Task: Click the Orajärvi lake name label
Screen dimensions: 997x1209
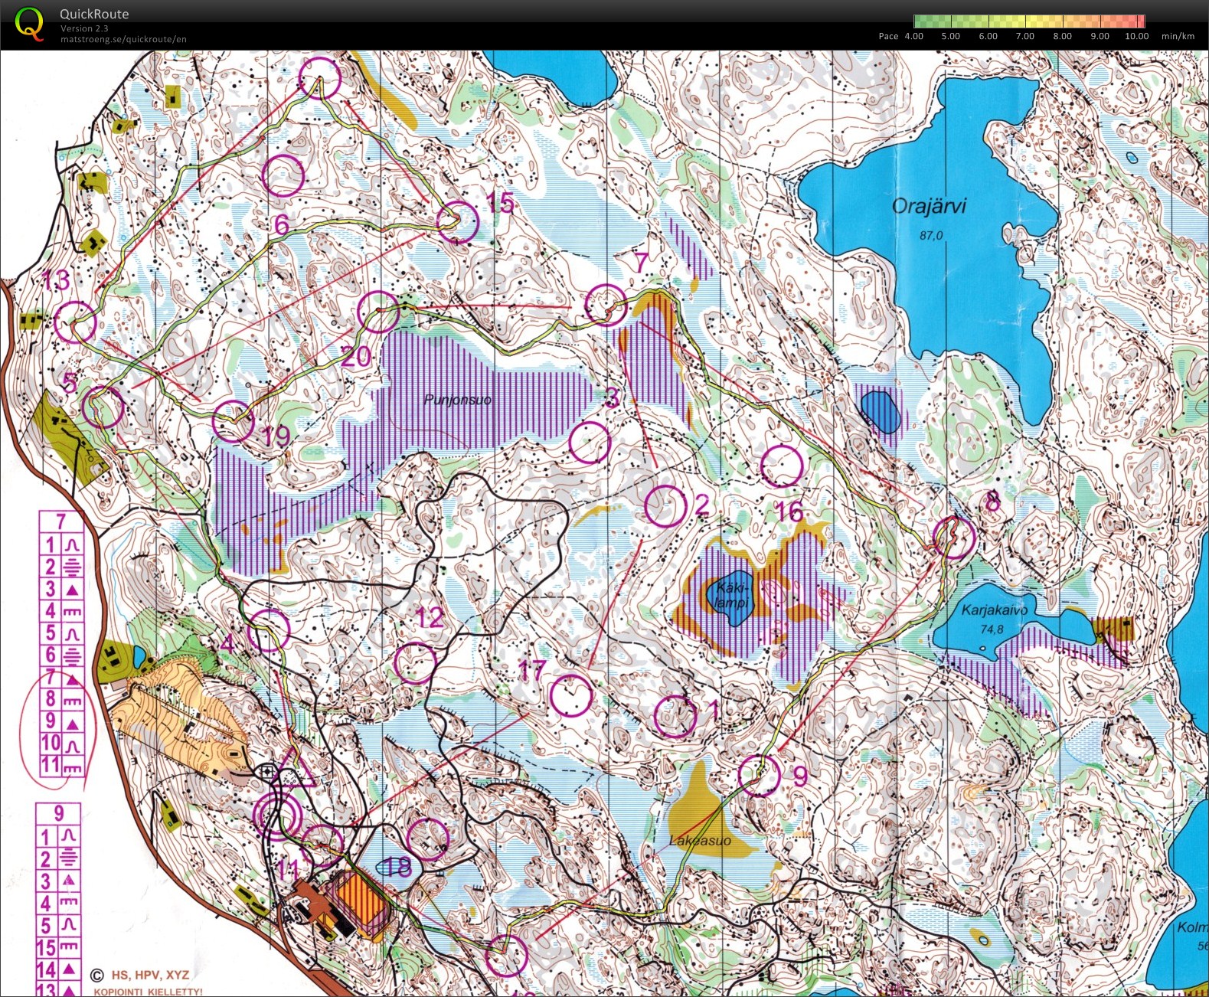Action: click(929, 206)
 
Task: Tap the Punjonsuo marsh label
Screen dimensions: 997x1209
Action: click(457, 400)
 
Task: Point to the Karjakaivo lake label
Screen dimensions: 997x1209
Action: click(994, 610)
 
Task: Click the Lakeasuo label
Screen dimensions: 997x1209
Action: click(699, 840)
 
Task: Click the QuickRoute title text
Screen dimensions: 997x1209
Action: click(94, 14)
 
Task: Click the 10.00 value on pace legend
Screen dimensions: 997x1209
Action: click(1136, 36)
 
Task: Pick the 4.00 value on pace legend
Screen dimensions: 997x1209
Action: click(913, 36)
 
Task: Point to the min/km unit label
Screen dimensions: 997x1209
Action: click(1178, 36)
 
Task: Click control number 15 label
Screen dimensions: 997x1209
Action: click(500, 203)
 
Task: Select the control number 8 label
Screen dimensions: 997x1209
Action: click(992, 502)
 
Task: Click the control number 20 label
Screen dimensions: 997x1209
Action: click(355, 356)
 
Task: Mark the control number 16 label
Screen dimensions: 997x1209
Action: click(789, 512)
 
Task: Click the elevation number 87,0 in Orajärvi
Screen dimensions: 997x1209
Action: click(931, 236)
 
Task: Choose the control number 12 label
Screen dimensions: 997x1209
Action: click(430, 617)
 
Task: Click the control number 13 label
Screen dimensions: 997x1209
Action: click(56, 281)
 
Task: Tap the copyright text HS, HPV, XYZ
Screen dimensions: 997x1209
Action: click(149, 975)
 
